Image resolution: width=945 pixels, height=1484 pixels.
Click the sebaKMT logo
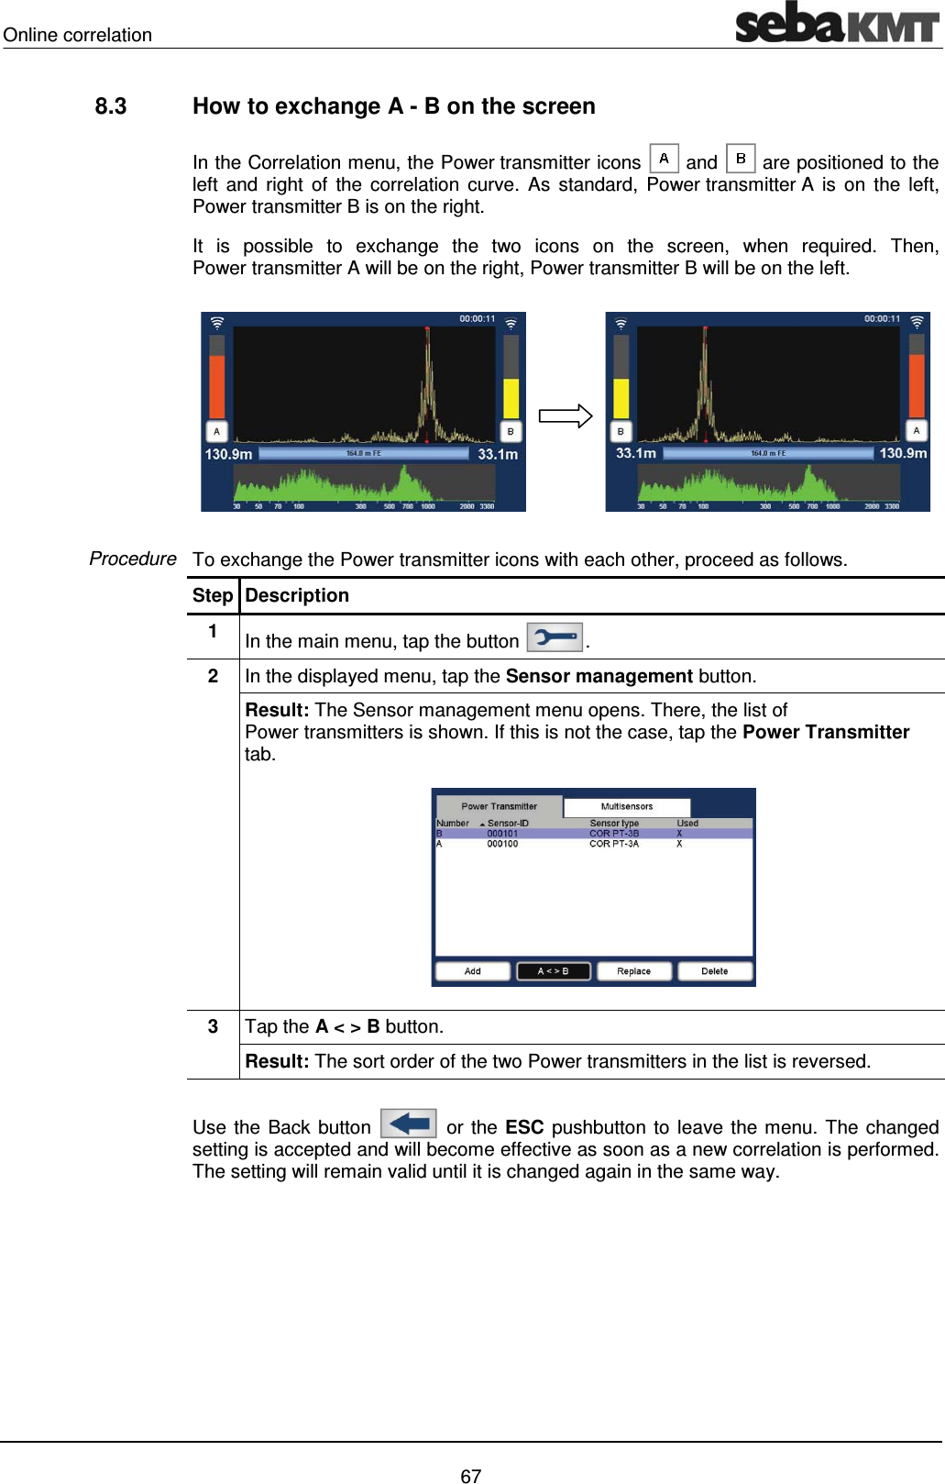tap(837, 23)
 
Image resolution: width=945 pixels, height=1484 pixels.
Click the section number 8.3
tap(111, 106)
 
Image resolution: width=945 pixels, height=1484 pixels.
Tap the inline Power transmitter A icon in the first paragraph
tap(664, 159)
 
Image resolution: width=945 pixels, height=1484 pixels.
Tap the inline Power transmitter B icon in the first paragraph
tap(740, 159)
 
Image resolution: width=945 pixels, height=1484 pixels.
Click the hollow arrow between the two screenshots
tap(566, 415)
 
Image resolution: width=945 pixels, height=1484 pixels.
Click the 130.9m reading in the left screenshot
tap(228, 454)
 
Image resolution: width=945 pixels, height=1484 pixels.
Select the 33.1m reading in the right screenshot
tap(635, 453)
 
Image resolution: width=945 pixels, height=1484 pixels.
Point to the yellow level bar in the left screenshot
tap(511, 398)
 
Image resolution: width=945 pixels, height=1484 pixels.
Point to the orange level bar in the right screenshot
tap(916, 385)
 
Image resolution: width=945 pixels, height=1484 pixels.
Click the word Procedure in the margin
tap(133, 559)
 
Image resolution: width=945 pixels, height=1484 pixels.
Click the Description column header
tap(297, 595)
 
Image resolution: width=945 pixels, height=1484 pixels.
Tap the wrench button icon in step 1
tap(555, 637)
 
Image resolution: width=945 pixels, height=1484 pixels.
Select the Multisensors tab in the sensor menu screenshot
tap(627, 807)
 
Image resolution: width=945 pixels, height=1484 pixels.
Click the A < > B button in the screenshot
tap(553, 971)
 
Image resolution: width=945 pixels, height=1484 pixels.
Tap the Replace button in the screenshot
tap(633, 971)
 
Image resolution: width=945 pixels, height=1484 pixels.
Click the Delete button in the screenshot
tap(714, 971)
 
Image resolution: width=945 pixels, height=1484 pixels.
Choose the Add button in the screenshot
tap(472, 971)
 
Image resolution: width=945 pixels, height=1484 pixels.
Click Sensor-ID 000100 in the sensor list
tap(502, 844)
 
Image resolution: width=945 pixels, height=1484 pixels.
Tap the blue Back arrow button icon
tap(408, 1124)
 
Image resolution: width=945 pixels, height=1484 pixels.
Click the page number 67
tap(470, 1476)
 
